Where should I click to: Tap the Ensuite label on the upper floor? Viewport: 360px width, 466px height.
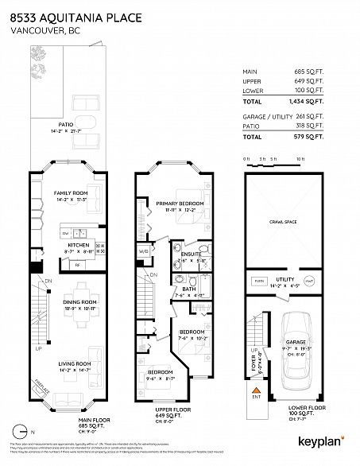tap(191, 253)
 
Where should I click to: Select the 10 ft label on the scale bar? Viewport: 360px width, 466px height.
tap(300, 159)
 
